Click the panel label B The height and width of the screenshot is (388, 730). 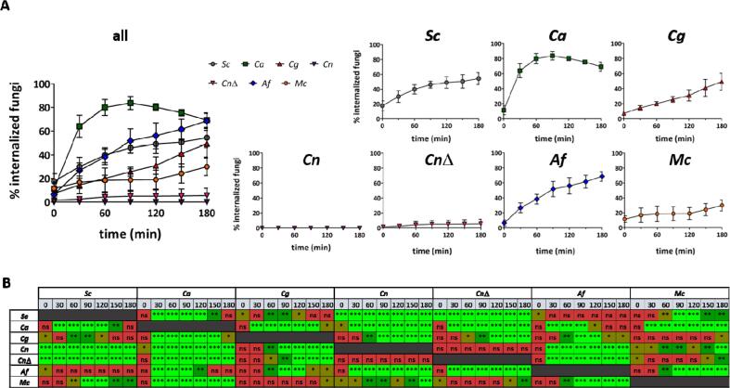[x=6, y=276]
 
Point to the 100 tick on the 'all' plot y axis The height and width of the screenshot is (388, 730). [x=40, y=84]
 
